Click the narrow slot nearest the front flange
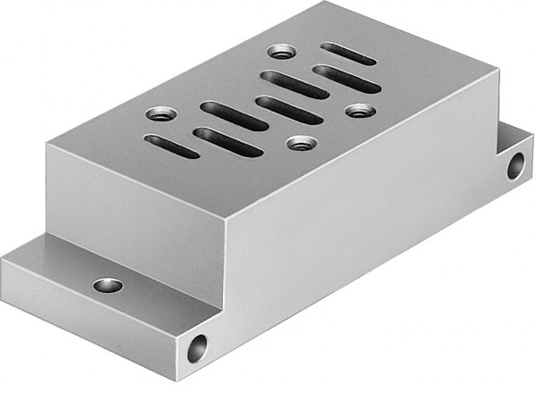[171, 145]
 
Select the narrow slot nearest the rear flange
[348, 53]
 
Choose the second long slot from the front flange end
[234, 115]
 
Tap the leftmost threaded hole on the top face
[158, 114]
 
